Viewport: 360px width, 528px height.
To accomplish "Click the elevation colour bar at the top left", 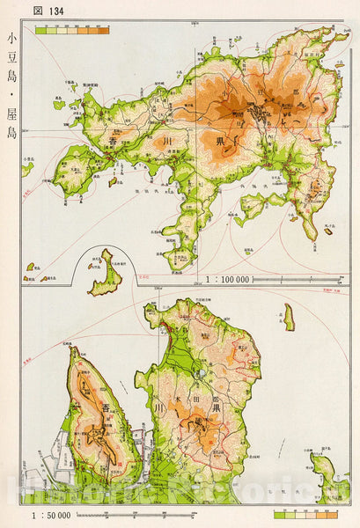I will [72, 30].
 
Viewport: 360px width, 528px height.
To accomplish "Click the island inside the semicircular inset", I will [107, 273].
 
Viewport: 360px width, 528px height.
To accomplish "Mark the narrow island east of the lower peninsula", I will [289, 317].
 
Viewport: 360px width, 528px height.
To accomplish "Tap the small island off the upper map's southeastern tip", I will [328, 231].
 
